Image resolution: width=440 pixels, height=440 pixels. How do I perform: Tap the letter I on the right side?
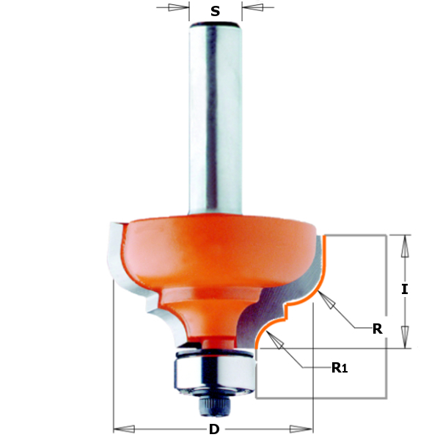[404, 289]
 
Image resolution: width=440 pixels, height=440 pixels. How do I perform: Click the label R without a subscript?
[377, 329]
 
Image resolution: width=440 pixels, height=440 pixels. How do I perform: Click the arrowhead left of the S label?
[178, 8]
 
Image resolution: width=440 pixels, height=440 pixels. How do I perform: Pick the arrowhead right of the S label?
[253, 8]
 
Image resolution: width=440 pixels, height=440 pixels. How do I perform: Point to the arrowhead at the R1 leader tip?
[273, 338]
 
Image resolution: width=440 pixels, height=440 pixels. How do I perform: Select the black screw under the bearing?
[211, 402]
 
